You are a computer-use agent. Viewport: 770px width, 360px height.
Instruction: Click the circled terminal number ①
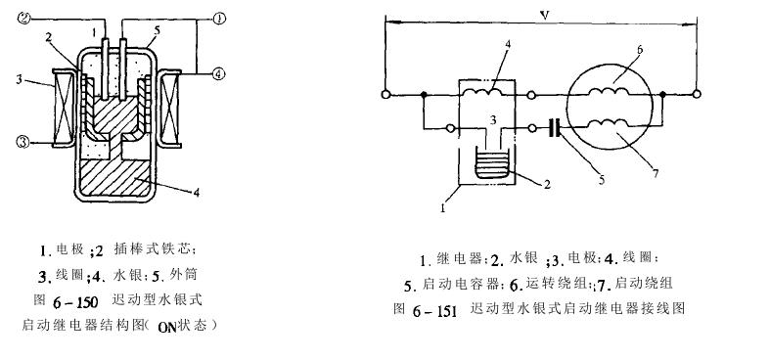click(219, 18)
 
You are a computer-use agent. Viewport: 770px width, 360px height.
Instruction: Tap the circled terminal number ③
click(24, 143)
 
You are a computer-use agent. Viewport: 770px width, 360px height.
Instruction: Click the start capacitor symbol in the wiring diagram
click(555, 128)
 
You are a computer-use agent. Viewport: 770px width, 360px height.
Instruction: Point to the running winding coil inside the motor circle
click(614, 91)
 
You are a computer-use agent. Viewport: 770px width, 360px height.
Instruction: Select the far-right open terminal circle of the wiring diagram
click(696, 95)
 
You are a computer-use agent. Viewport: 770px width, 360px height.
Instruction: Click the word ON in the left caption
click(164, 326)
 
